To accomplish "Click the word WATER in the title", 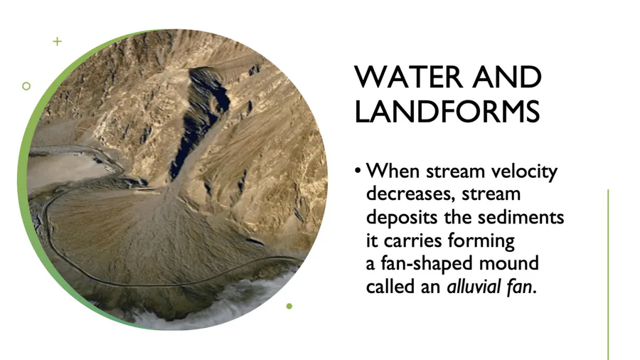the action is tap(410, 77).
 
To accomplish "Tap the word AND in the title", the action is tap(507, 77).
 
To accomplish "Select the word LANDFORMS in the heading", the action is tap(447, 111).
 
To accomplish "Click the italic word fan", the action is tap(520, 287).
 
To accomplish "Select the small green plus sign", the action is tap(57, 41).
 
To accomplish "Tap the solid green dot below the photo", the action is tap(289, 306).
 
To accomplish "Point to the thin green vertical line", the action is tap(608, 275).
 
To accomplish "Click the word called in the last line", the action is tap(389, 287).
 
